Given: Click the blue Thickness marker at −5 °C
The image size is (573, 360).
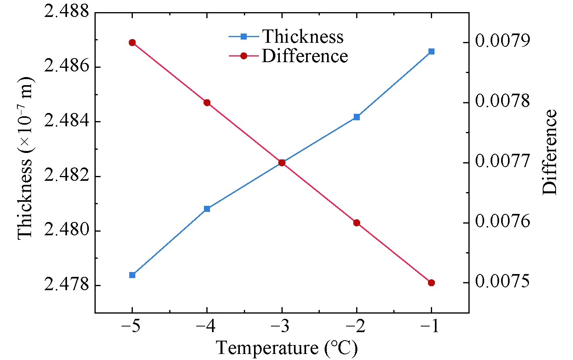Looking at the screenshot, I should (x=132, y=275).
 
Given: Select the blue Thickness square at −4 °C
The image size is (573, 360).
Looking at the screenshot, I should (x=207, y=209).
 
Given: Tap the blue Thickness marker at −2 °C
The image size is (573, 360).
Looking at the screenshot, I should (x=357, y=117).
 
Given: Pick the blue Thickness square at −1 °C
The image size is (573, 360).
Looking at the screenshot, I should (x=431, y=51).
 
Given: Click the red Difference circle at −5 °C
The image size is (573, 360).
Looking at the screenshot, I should (x=132, y=43).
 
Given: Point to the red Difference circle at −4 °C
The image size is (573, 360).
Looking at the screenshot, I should (x=207, y=103).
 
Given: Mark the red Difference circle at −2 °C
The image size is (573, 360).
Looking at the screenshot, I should (x=357, y=223).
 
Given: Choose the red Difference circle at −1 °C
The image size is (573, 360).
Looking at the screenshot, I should (x=431, y=283).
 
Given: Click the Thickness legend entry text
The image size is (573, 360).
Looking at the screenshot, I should (x=303, y=37).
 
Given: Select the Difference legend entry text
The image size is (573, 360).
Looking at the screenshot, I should (x=305, y=56).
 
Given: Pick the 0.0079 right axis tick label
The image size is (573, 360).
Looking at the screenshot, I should (x=502, y=42).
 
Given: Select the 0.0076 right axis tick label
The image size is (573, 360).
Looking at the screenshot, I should (x=502, y=222).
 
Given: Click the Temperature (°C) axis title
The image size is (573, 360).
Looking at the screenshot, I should (x=287, y=348).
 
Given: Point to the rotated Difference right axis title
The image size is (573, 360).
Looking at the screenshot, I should (x=550, y=152).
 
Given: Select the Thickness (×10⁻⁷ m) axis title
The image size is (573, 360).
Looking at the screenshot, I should (x=25, y=158).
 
